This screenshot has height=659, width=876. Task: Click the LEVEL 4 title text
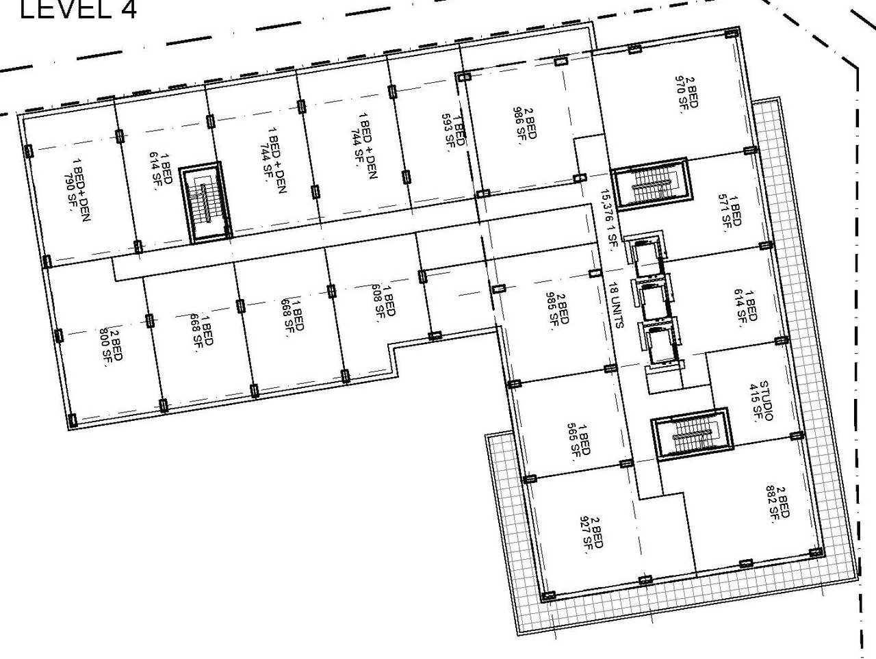pos(77,10)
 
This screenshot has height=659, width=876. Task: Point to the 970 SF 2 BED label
pos(688,97)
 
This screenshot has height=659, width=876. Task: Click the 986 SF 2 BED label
pos(526,122)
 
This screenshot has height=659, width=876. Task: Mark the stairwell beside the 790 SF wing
pos(205,203)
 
